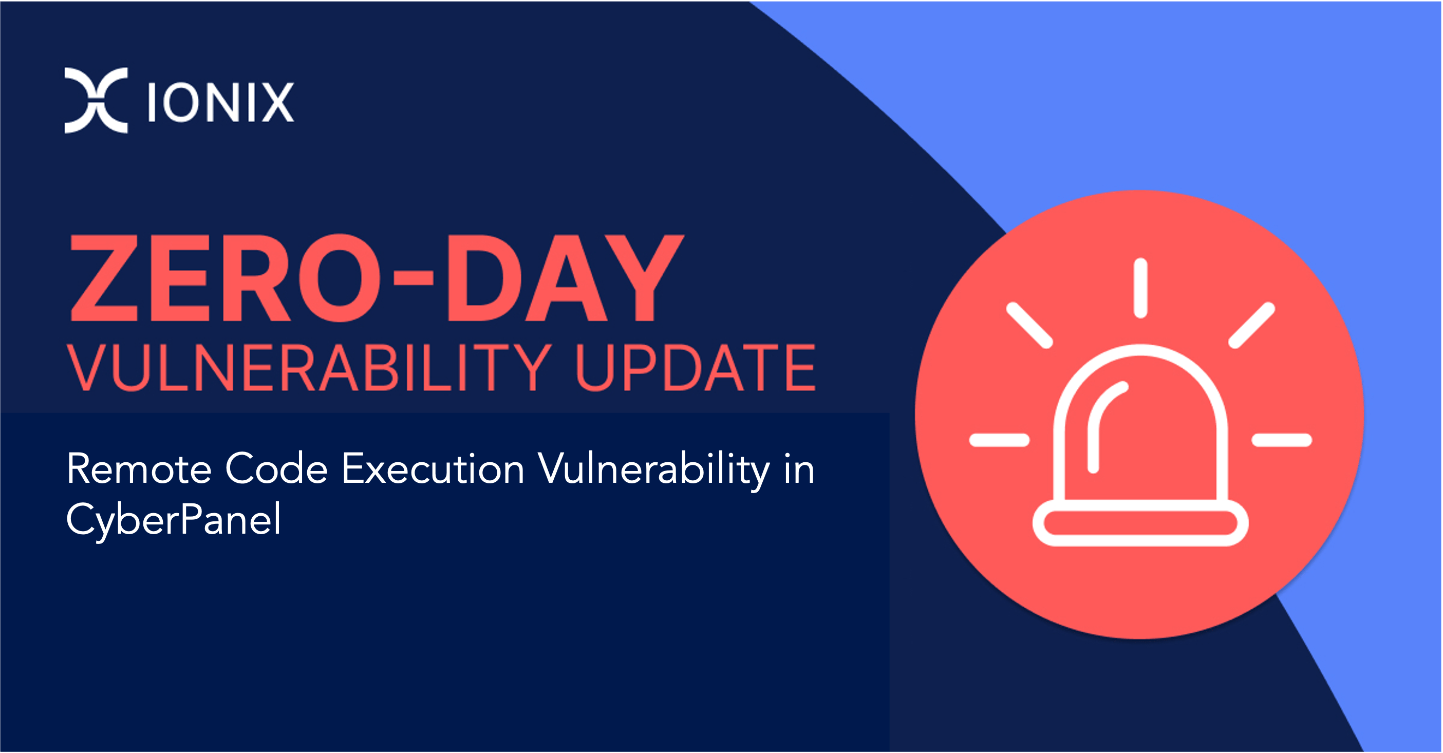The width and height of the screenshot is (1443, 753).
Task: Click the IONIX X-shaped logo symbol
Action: [x=96, y=100]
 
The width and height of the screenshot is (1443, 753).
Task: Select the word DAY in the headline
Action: [x=565, y=278]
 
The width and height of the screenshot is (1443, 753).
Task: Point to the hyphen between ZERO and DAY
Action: [x=414, y=277]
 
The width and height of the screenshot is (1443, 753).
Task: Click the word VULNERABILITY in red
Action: [x=309, y=368]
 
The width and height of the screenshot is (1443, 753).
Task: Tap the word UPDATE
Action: [x=695, y=368]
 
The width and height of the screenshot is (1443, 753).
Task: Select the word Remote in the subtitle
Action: [x=139, y=468]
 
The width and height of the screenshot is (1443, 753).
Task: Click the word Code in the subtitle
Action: [x=276, y=468]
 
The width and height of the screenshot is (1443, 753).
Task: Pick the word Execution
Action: [x=433, y=468]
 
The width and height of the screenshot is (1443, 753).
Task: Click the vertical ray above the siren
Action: [x=1140, y=288]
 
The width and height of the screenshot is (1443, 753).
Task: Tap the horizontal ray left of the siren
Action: [x=999, y=440]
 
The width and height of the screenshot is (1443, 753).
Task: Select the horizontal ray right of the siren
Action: [x=1282, y=440]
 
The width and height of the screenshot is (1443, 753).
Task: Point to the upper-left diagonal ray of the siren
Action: [x=1029, y=325]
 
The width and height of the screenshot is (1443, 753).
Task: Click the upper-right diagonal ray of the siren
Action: [x=1252, y=325]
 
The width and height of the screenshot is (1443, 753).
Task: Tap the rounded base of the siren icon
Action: [x=1140, y=523]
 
